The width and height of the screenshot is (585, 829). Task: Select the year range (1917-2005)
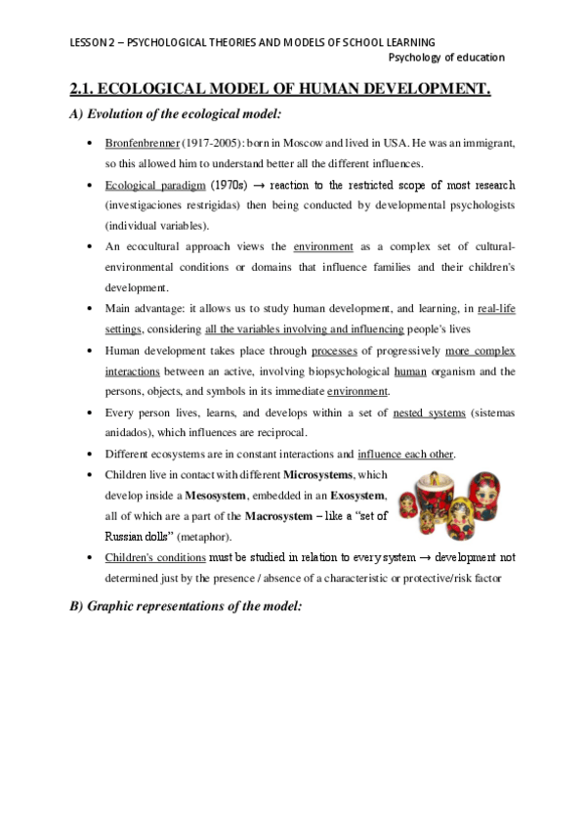point(199,143)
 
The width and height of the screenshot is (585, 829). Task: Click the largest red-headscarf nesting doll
point(485,503)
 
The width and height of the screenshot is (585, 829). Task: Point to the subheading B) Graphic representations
point(187,606)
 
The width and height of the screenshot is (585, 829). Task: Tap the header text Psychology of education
point(445,58)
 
